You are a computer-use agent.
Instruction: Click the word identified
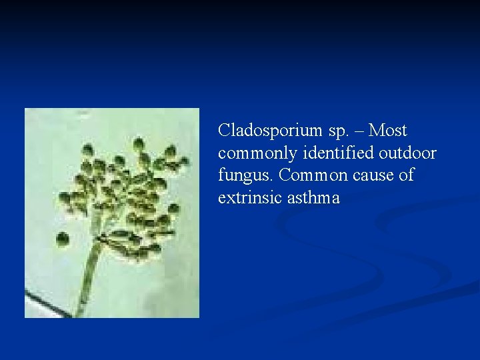click(338, 153)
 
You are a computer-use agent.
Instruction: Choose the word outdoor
click(407, 153)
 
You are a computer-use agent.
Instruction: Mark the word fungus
click(246, 176)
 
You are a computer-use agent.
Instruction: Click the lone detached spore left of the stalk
click(63, 239)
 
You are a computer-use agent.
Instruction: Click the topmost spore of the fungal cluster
click(138, 143)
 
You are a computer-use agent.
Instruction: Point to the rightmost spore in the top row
click(171, 151)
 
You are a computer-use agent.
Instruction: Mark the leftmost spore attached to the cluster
click(65, 198)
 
